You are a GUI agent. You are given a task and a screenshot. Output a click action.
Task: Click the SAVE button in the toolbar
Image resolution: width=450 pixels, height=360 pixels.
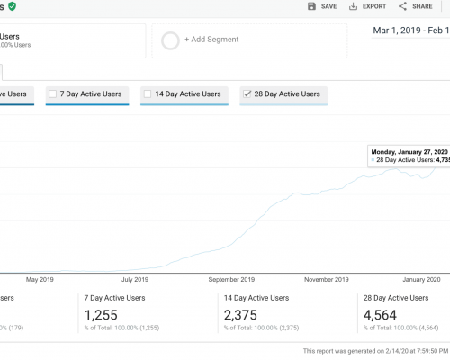coord(322,6)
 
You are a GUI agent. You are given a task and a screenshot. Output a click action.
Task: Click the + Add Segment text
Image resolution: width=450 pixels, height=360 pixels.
coord(213,40)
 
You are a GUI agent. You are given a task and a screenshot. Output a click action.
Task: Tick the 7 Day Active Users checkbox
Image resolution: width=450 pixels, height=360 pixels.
coord(53,94)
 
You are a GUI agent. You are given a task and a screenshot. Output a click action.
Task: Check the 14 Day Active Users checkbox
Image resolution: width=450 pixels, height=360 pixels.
coord(148,94)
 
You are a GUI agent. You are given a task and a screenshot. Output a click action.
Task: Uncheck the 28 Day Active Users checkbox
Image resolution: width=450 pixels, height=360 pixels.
coord(247,94)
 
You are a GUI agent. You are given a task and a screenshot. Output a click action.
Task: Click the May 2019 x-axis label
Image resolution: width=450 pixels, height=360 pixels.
coord(40,279)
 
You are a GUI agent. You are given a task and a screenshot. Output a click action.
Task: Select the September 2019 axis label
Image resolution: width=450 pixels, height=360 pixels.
coord(230,279)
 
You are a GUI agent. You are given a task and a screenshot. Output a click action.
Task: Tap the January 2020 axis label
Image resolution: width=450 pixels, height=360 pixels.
coord(418,279)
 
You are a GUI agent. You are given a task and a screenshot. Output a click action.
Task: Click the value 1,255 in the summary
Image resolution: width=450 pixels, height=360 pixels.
coord(101,315)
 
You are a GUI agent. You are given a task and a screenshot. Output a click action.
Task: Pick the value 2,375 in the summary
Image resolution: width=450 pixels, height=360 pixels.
coord(241,315)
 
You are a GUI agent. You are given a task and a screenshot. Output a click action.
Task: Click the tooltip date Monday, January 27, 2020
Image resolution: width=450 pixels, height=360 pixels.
coord(409,152)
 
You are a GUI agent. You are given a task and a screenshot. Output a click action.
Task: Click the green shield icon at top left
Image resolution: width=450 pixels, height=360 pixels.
coord(13,5)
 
